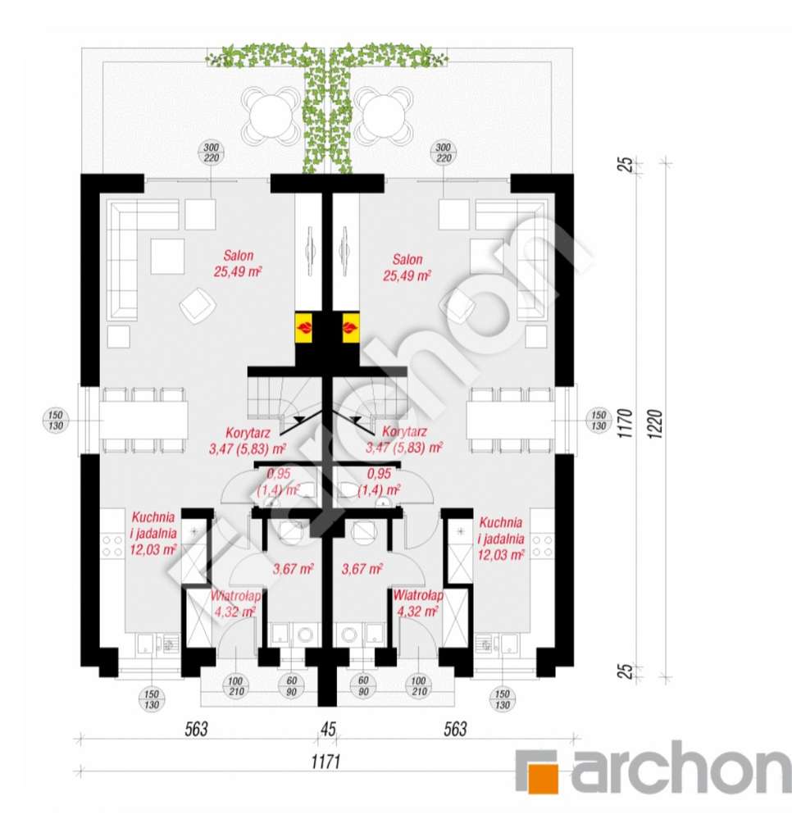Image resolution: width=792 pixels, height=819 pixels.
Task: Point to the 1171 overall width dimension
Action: point(325,762)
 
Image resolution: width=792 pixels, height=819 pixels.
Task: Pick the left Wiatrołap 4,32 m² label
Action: point(234,603)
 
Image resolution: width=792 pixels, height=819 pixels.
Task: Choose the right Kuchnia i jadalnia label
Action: point(501,538)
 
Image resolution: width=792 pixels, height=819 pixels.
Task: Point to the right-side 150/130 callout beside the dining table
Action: point(599,421)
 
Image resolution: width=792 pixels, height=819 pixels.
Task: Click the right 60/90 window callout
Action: point(364,686)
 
